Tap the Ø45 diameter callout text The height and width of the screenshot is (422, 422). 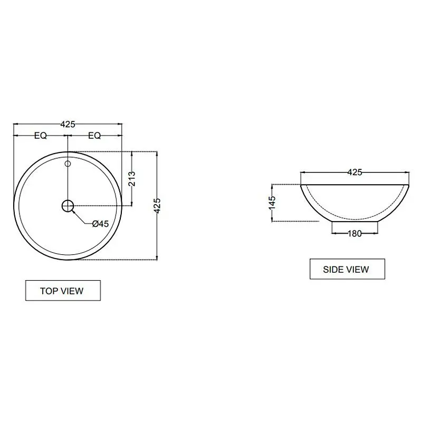pos(100,224)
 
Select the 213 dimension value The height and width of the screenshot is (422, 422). pos(132,179)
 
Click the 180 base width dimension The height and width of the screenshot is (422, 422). pos(354,233)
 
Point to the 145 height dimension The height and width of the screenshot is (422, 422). pos(272,203)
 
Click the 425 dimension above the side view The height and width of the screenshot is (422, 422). pos(354,172)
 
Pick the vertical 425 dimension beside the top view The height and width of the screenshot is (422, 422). pos(157,206)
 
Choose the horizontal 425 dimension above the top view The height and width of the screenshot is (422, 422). pos(68,124)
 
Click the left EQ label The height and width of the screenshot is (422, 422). pos(41,136)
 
